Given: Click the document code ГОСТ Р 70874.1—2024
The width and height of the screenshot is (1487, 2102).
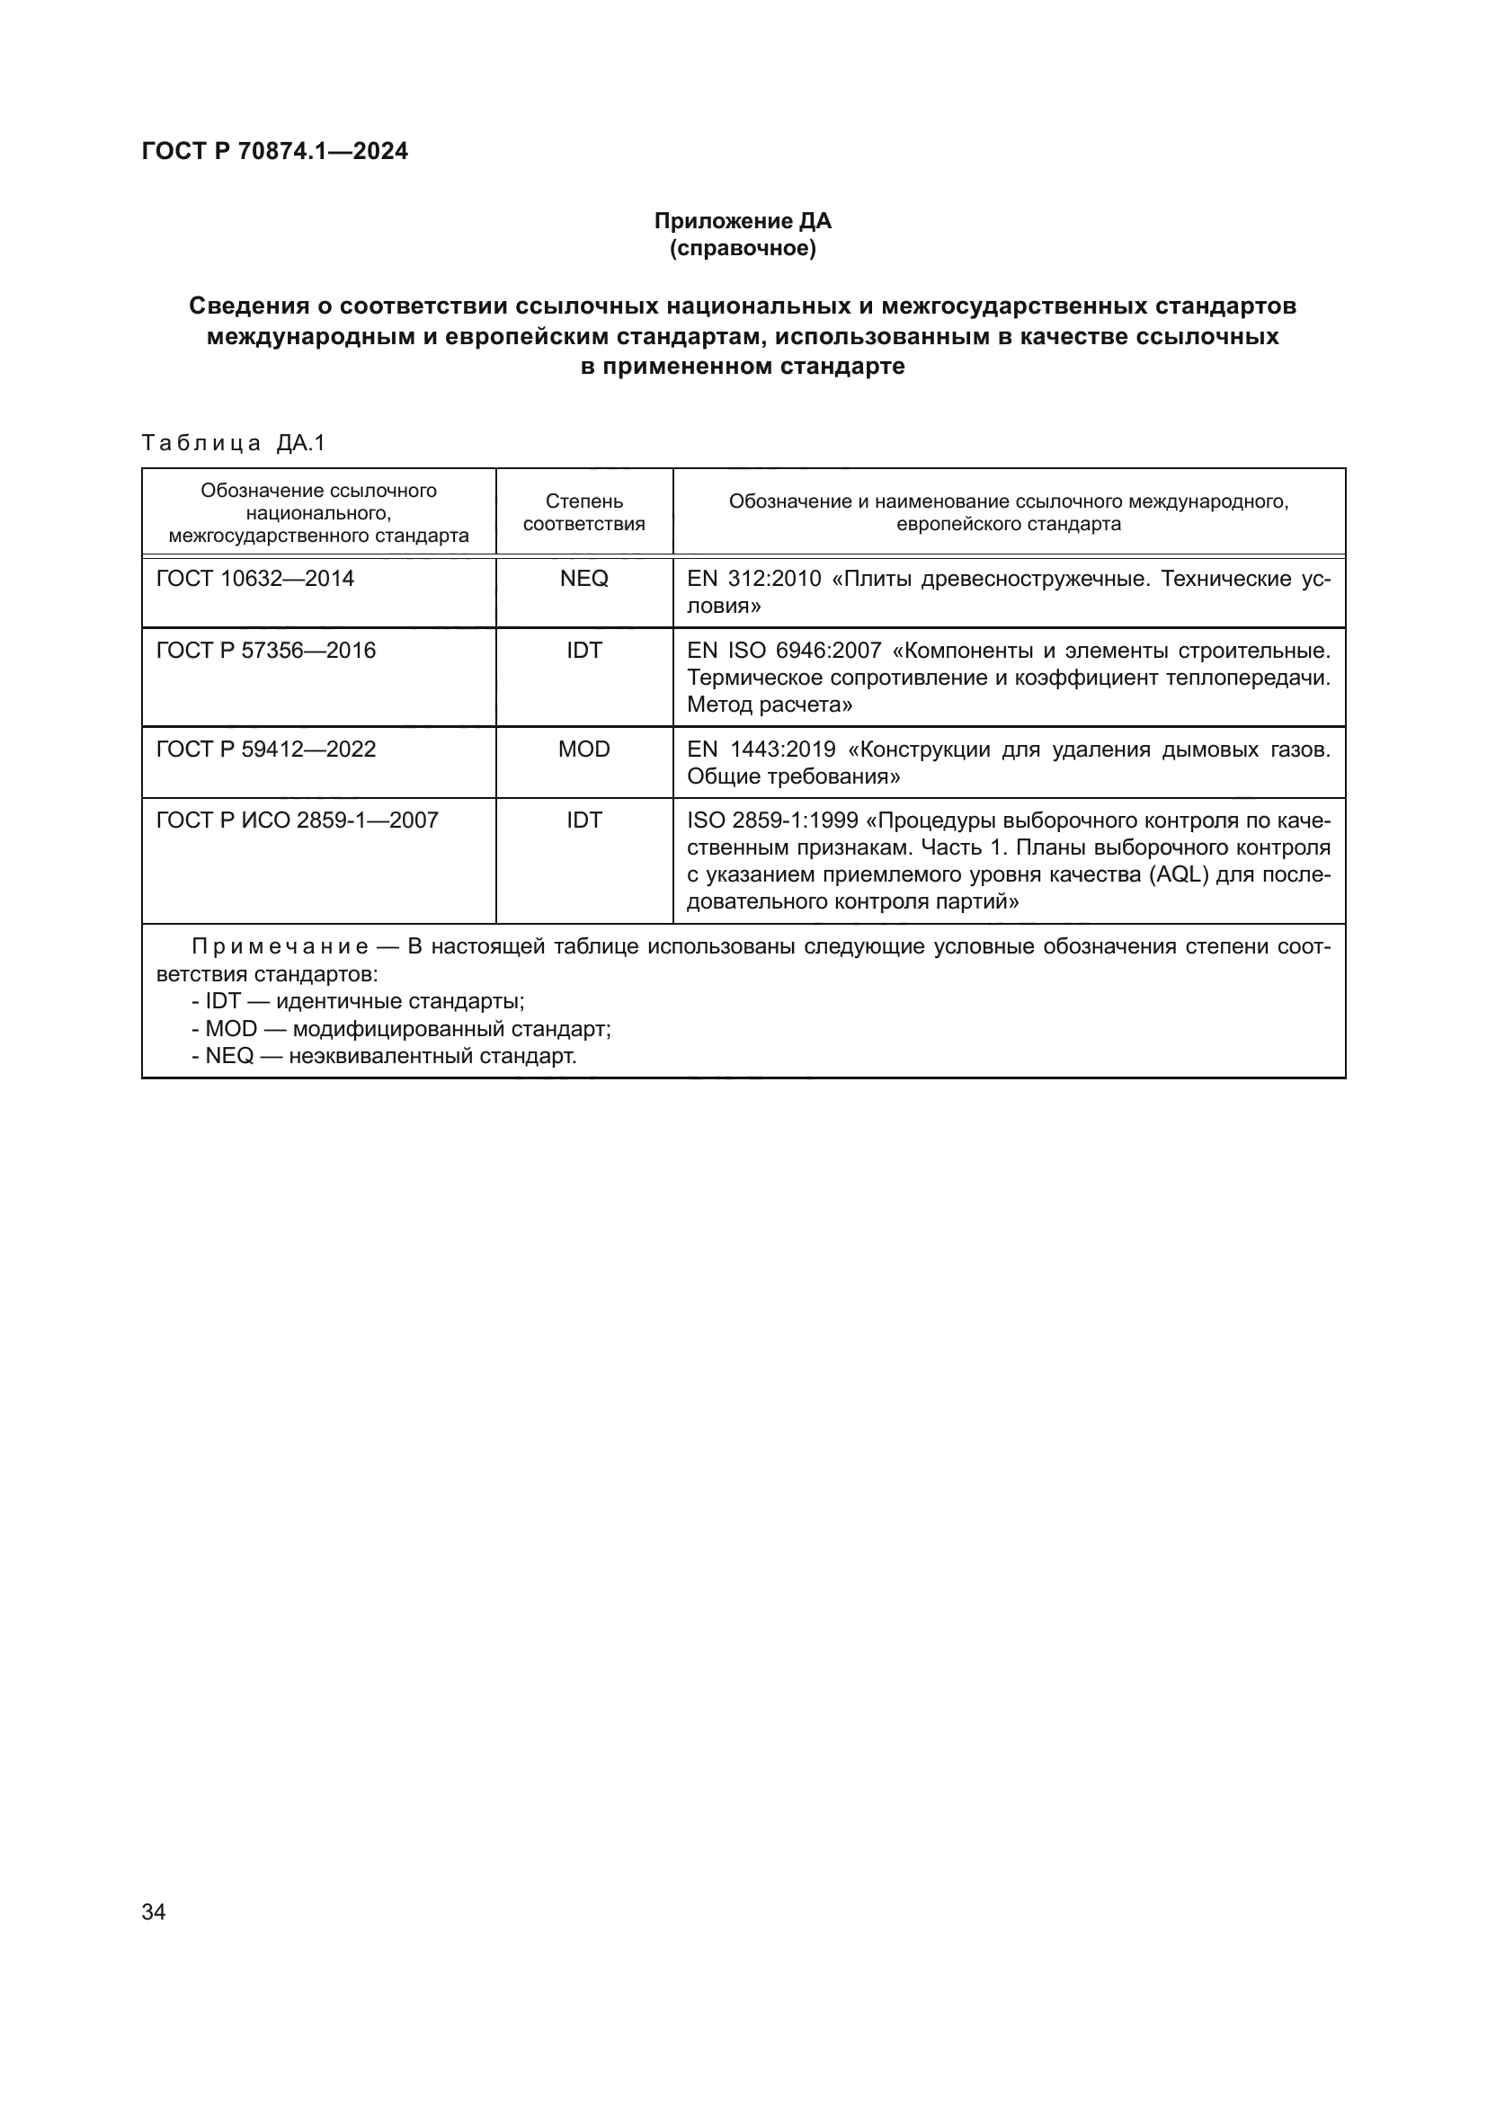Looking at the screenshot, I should coord(275,151).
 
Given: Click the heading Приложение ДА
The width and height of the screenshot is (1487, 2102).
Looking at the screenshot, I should coord(742,221).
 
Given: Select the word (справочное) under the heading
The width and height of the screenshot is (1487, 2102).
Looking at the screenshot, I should coord(742,248).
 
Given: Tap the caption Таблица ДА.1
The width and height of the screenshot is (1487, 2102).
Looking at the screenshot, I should coord(234,443).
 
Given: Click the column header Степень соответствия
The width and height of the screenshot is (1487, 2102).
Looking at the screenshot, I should coord(583,512).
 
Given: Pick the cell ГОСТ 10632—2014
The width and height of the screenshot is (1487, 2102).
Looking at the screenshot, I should coord(255,579).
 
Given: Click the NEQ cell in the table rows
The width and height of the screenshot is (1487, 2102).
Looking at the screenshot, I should coord(583,579).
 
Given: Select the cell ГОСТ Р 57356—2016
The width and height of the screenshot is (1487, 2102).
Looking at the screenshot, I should coord(265,650).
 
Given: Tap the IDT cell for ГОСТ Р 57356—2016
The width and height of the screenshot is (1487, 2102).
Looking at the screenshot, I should coord(583,650).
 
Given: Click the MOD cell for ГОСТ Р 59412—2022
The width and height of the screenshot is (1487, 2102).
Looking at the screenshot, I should coord(583,749).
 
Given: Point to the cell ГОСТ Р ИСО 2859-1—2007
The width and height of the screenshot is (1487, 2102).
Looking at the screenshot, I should coord(297,820).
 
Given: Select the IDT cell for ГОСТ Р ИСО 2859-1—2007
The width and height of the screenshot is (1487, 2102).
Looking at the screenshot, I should coord(583,820).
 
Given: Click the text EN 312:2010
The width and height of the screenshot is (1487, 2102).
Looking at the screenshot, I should coord(753,579).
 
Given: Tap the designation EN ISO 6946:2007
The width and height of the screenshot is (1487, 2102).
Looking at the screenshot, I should coord(784,650).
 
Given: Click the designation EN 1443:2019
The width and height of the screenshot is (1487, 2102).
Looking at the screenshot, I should coord(761,749).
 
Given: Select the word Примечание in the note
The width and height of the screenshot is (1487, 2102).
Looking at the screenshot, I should coord(280,946).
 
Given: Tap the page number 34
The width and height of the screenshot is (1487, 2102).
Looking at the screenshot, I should coord(154,1911).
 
